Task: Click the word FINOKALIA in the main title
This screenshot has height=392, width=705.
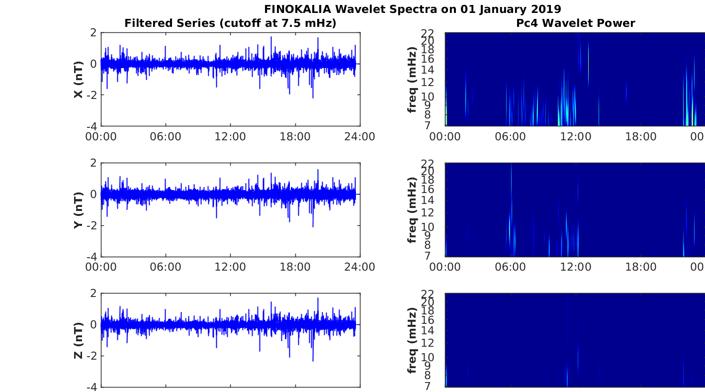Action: (297, 9)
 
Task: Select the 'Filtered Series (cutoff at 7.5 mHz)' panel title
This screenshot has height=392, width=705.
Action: (230, 23)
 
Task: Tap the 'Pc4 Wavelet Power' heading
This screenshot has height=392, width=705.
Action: (576, 23)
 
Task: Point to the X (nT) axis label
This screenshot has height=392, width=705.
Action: (79, 80)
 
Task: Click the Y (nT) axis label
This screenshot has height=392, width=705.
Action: (79, 210)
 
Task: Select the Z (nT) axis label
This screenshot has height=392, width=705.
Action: (79, 341)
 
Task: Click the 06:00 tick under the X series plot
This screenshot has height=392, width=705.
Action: (166, 137)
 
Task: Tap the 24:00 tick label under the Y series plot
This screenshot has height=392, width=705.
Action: (359, 267)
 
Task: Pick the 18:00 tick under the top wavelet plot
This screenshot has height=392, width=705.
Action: (641, 137)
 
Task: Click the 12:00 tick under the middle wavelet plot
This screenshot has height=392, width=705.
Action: (576, 267)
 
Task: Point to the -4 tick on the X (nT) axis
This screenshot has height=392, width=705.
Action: (92, 126)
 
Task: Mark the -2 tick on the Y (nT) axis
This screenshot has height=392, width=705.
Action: (92, 225)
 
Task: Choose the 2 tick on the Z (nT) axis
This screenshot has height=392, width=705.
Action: (93, 294)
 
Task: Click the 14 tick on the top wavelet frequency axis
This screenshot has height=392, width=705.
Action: (428, 70)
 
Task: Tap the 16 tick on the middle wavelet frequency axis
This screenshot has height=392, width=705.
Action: (428, 189)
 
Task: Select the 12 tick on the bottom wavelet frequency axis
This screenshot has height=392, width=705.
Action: (428, 343)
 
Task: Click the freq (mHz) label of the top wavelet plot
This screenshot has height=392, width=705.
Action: (412, 80)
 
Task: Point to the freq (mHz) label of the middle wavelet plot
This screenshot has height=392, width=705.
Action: (412, 210)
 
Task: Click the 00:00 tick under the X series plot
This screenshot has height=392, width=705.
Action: (101, 137)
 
